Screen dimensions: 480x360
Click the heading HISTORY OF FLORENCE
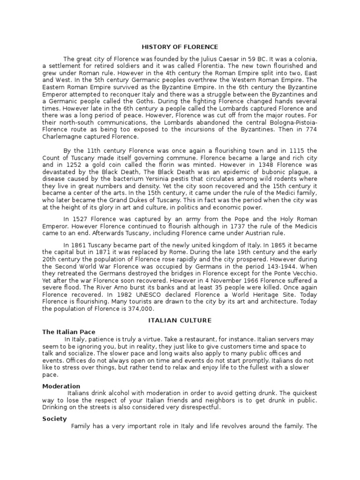180,47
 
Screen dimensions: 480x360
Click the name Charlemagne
62,137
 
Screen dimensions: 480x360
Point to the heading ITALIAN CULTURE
180,321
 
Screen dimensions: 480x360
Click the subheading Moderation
61,386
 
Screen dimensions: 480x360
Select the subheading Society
54,419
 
